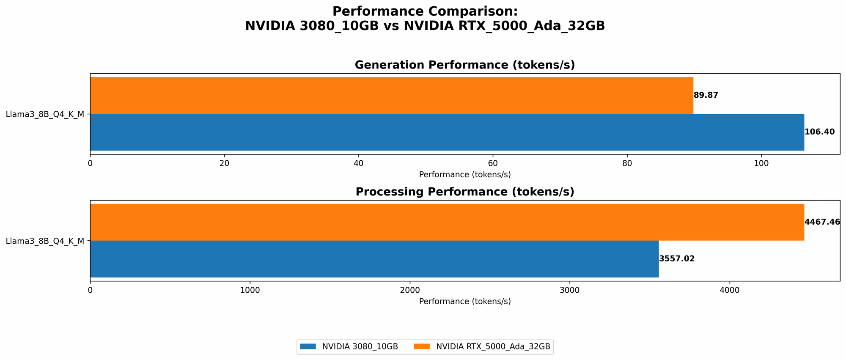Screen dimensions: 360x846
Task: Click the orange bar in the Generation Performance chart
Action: (391, 95)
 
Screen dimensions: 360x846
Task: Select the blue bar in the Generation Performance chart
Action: (447, 132)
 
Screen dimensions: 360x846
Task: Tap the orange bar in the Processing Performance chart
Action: (447, 222)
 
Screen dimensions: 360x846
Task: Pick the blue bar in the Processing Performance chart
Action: (374, 259)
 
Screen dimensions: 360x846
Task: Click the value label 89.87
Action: (706, 95)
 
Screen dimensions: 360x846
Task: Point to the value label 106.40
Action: (819, 132)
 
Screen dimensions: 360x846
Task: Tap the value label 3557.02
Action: (677, 259)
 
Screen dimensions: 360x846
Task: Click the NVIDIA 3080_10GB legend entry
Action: (349, 346)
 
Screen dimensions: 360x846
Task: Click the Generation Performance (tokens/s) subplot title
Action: (464, 65)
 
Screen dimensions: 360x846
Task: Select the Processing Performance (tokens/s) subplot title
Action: (464, 192)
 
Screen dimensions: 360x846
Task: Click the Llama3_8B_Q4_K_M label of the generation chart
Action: (45, 114)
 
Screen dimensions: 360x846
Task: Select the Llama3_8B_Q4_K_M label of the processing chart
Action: (45, 241)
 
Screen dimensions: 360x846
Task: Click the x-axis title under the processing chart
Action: (464, 302)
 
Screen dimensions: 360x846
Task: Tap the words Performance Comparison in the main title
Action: (425, 11)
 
